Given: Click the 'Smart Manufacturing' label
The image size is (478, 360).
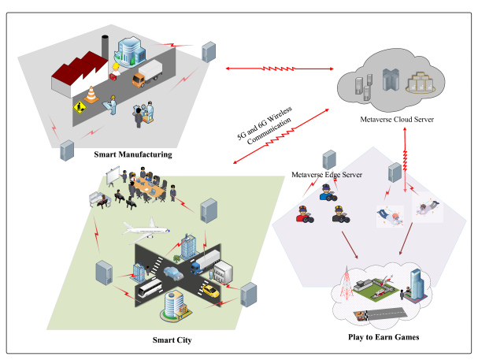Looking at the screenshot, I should coord(132,154).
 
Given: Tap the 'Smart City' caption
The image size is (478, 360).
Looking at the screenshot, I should coord(172,340).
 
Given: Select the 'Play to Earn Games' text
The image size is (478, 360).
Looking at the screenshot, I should coord(382,336).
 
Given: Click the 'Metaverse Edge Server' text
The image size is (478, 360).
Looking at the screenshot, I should coord(326,173).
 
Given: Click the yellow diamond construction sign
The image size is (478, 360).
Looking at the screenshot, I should coord(79,106).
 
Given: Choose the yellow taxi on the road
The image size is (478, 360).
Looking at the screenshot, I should coord(209,291).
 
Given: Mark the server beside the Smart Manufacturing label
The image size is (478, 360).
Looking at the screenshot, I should coord(68,147).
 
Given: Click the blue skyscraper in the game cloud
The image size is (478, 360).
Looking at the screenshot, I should coord(416,280).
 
